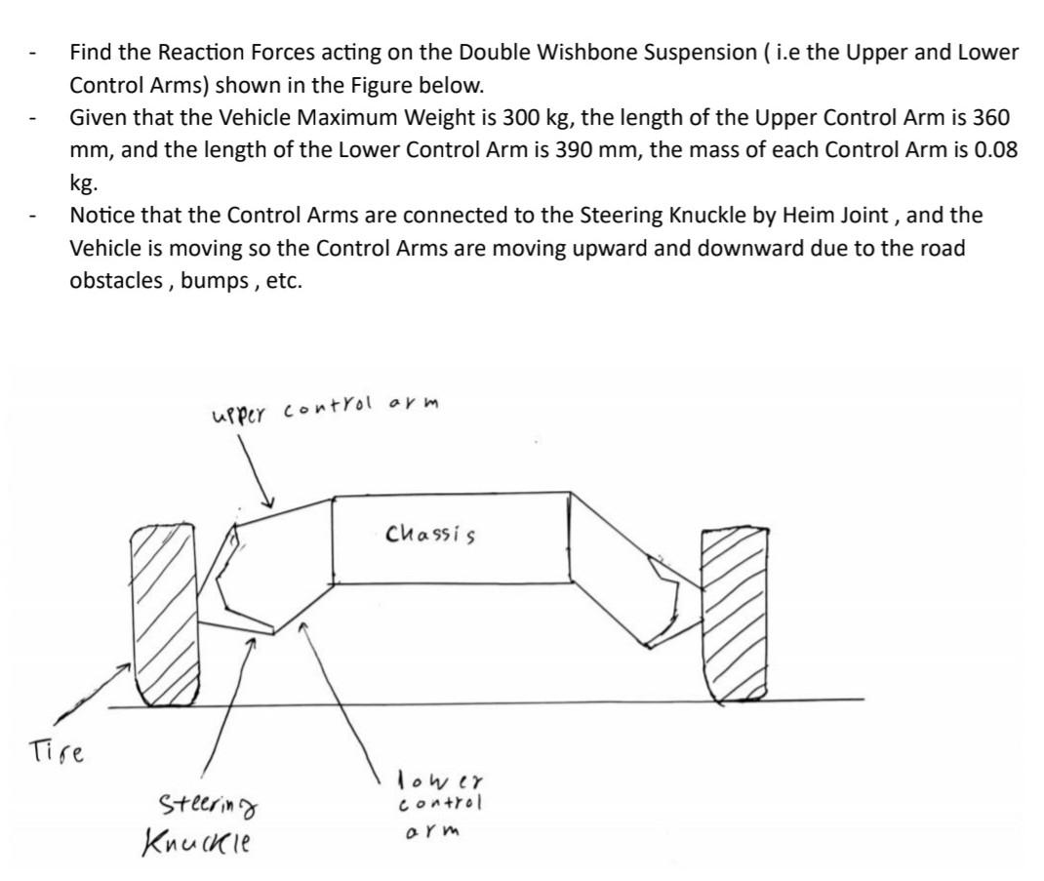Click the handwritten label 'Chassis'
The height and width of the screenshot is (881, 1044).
point(430,534)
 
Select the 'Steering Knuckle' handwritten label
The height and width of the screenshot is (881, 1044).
point(208,821)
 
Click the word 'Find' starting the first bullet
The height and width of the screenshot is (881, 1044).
point(90,53)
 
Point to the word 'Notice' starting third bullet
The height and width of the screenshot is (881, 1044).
point(100,216)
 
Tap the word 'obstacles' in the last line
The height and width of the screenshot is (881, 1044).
point(114,280)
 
